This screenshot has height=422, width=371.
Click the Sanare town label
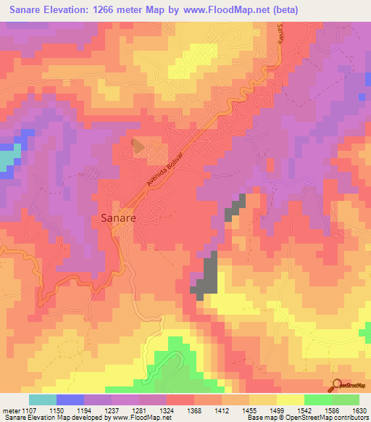point(118,217)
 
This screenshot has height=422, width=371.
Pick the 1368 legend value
point(193,410)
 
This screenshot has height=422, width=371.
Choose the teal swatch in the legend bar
point(43,400)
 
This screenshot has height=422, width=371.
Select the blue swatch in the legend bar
point(70,400)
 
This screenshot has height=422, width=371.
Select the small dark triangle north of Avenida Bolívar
point(136,146)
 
